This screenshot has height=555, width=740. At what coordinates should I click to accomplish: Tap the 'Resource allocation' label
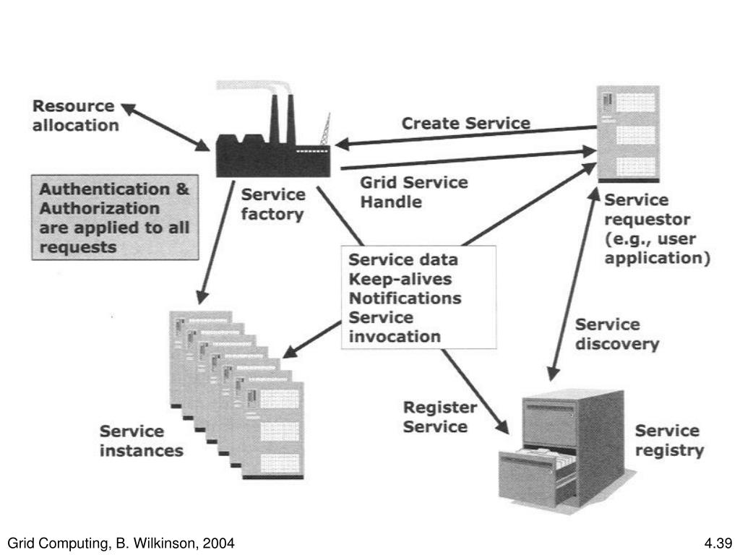pyautogui.click(x=75, y=116)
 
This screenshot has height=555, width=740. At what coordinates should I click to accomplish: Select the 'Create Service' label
pyautogui.click(x=465, y=124)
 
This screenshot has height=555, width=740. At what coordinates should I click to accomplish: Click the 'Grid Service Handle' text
pyautogui.click(x=413, y=192)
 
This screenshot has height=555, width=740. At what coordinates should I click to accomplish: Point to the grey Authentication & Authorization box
pyautogui.click(x=115, y=218)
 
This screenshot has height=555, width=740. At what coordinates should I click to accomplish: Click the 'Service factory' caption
pyautogui.click(x=272, y=205)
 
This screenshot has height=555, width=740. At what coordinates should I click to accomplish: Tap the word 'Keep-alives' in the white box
pyautogui.click(x=400, y=279)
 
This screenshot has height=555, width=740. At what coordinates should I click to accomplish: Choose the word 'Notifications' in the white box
pyautogui.click(x=405, y=298)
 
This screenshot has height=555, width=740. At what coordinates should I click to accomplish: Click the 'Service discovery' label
pyautogui.click(x=616, y=335)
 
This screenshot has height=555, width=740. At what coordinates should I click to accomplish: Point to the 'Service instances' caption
pyautogui.click(x=141, y=441)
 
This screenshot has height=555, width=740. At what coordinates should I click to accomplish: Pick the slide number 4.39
pyautogui.click(x=718, y=542)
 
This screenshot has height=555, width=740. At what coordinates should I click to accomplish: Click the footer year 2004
pyautogui.click(x=219, y=542)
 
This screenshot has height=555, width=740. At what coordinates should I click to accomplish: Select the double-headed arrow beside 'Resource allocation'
pyautogui.click(x=165, y=127)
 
